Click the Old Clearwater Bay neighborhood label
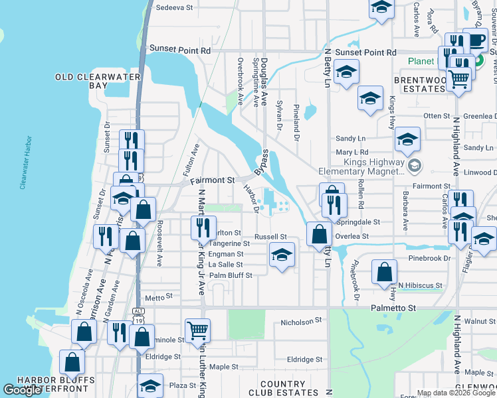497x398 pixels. click(98, 82)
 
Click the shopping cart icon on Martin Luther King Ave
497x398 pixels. click(197, 330)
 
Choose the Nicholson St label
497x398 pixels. click(301, 320)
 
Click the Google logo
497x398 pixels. click(22, 390)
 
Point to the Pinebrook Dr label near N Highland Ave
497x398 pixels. click(430, 257)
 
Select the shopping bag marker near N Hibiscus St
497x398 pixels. click(384, 272)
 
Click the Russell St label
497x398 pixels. click(271, 237)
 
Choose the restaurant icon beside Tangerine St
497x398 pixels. click(203, 229)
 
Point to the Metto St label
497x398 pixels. click(159, 297)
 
